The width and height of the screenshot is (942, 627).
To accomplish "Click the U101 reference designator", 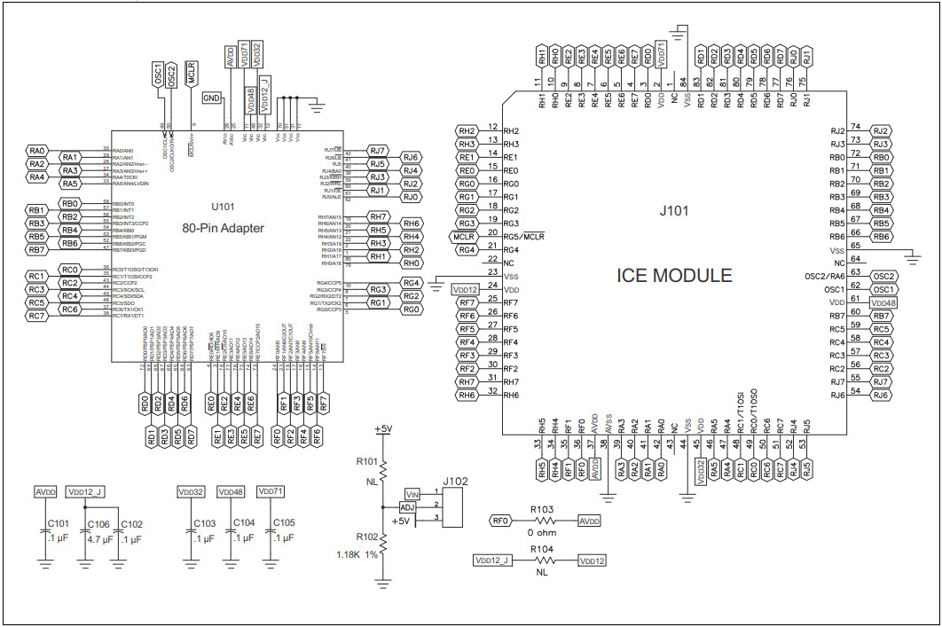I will point(223,207).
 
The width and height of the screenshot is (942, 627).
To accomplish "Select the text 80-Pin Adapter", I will point(223,228).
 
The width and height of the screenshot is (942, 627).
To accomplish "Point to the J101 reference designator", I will point(675,211).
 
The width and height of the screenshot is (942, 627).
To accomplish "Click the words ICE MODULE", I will point(674,276).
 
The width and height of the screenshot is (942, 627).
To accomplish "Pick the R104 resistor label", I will point(542,550).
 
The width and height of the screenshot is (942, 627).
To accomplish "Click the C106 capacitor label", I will point(99,523).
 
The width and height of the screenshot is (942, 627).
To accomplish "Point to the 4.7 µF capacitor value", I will point(99,538).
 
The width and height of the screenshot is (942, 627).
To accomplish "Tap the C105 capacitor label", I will point(285,523).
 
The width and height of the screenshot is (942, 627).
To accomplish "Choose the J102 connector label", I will point(456,481).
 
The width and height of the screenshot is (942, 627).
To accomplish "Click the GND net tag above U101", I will point(212,98).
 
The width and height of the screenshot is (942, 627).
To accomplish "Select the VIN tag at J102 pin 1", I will point(412,493).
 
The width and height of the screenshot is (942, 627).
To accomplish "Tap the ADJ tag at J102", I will point(408,506).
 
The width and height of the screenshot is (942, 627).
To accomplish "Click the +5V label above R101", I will point(383,429).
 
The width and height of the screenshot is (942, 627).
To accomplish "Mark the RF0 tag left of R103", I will point(502,521).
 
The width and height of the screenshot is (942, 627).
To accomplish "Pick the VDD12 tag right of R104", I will point(593,560).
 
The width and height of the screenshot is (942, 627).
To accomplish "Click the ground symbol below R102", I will point(383,583).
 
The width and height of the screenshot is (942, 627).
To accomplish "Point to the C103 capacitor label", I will point(205,523).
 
